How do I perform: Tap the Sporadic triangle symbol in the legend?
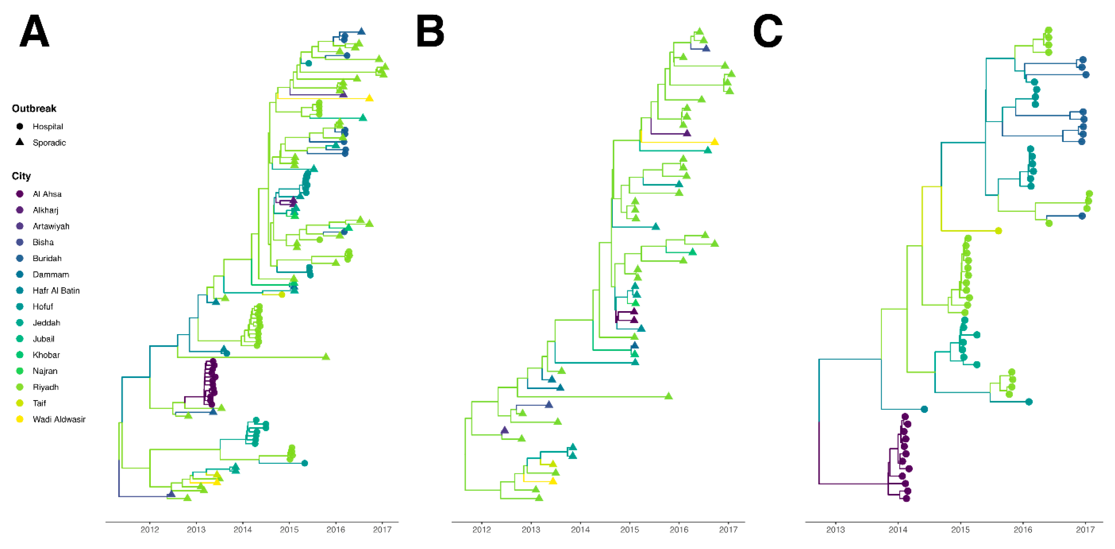pos(20,142)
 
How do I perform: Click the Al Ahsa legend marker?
pos(20,194)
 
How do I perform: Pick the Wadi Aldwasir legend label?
pos(59,419)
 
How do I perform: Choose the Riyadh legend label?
pos(45,387)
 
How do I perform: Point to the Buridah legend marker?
pos(20,258)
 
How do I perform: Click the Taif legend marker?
pos(20,403)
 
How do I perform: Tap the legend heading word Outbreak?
pos(34,108)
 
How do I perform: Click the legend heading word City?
pos(21,176)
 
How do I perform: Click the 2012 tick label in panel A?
pos(150,529)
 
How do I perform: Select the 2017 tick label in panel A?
pos(382,529)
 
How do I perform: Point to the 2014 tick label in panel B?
pos(580,529)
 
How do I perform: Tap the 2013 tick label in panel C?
pos(835,529)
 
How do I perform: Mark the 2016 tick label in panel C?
pos(1023,529)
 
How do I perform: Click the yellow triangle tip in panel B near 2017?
pos(715,142)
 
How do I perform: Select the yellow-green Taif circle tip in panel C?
pos(998,231)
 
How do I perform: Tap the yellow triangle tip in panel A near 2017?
pos(369,98)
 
